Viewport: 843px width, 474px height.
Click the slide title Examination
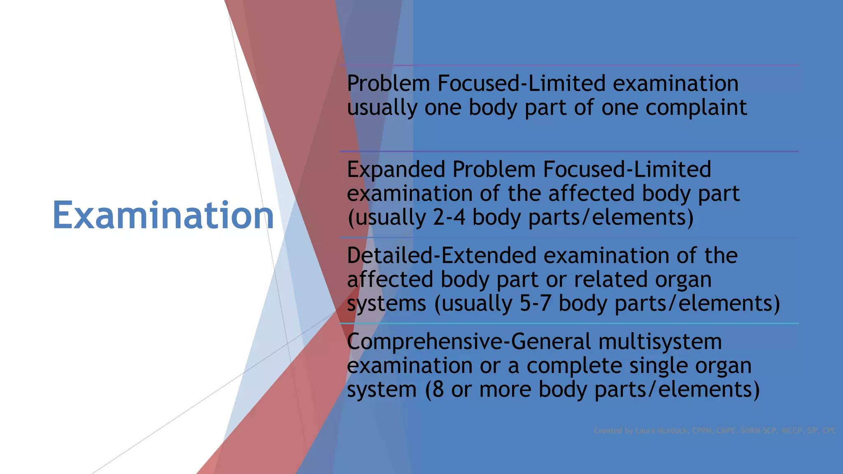click(163, 215)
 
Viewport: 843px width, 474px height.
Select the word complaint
click(696, 108)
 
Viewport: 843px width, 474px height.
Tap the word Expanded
click(396, 170)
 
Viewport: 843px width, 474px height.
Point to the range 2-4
click(449, 217)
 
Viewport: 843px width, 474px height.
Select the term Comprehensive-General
click(469, 342)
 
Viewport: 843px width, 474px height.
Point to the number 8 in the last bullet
click(438, 389)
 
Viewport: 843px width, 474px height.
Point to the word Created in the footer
click(608, 431)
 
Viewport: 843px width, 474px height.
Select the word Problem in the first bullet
click(389, 84)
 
